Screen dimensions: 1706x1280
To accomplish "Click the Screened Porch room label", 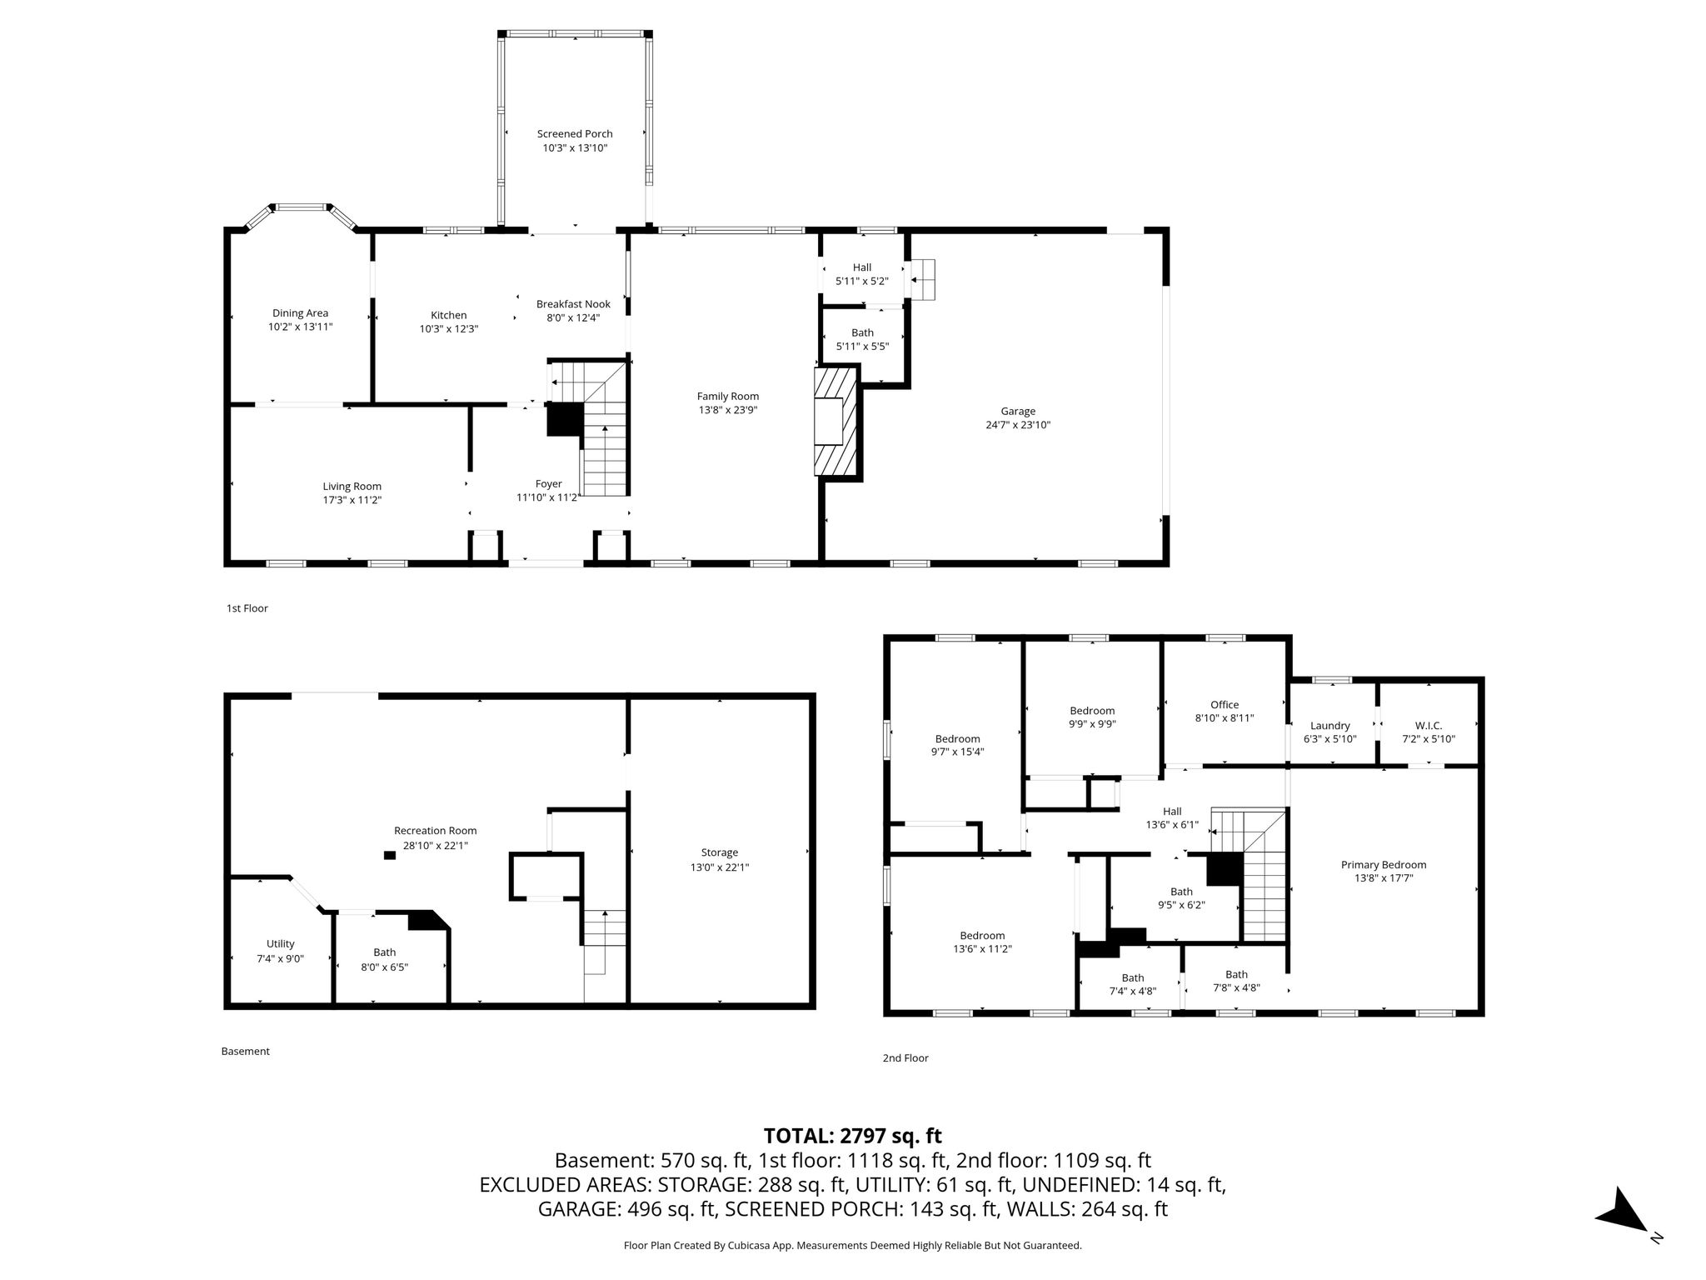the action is [x=575, y=133].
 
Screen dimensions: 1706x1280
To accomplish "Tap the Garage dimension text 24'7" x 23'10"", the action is [x=1018, y=425].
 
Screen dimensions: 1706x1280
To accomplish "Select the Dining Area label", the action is [x=300, y=313].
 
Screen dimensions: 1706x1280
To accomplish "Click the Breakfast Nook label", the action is [x=573, y=304].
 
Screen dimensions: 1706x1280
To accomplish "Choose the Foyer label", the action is [x=548, y=484].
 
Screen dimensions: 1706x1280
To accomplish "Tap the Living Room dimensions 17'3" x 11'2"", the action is [x=352, y=500].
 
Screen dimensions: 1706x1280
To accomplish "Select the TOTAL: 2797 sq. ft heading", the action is [x=853, y=1136].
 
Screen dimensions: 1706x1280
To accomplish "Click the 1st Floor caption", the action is [x=247, y=608].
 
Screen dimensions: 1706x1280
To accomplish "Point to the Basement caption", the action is [x=245, y=1052].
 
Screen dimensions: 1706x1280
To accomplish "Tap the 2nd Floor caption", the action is [x=905, y=1058].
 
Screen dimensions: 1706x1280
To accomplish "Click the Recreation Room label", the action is [x=436, y=831].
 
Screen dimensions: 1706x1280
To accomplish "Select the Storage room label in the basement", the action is [x=719, y=852].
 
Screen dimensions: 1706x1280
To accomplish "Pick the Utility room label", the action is [x=281, y=944].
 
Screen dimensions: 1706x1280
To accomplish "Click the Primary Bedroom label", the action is [x=1384, y=865].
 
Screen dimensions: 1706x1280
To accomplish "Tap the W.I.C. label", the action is [x=1429, y=726].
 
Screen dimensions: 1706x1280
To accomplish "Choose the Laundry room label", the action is [x=1330, y=726].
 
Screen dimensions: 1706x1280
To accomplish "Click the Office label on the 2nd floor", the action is [x=1225, y=705].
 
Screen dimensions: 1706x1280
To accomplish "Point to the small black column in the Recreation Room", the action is [x=389, y=855].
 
